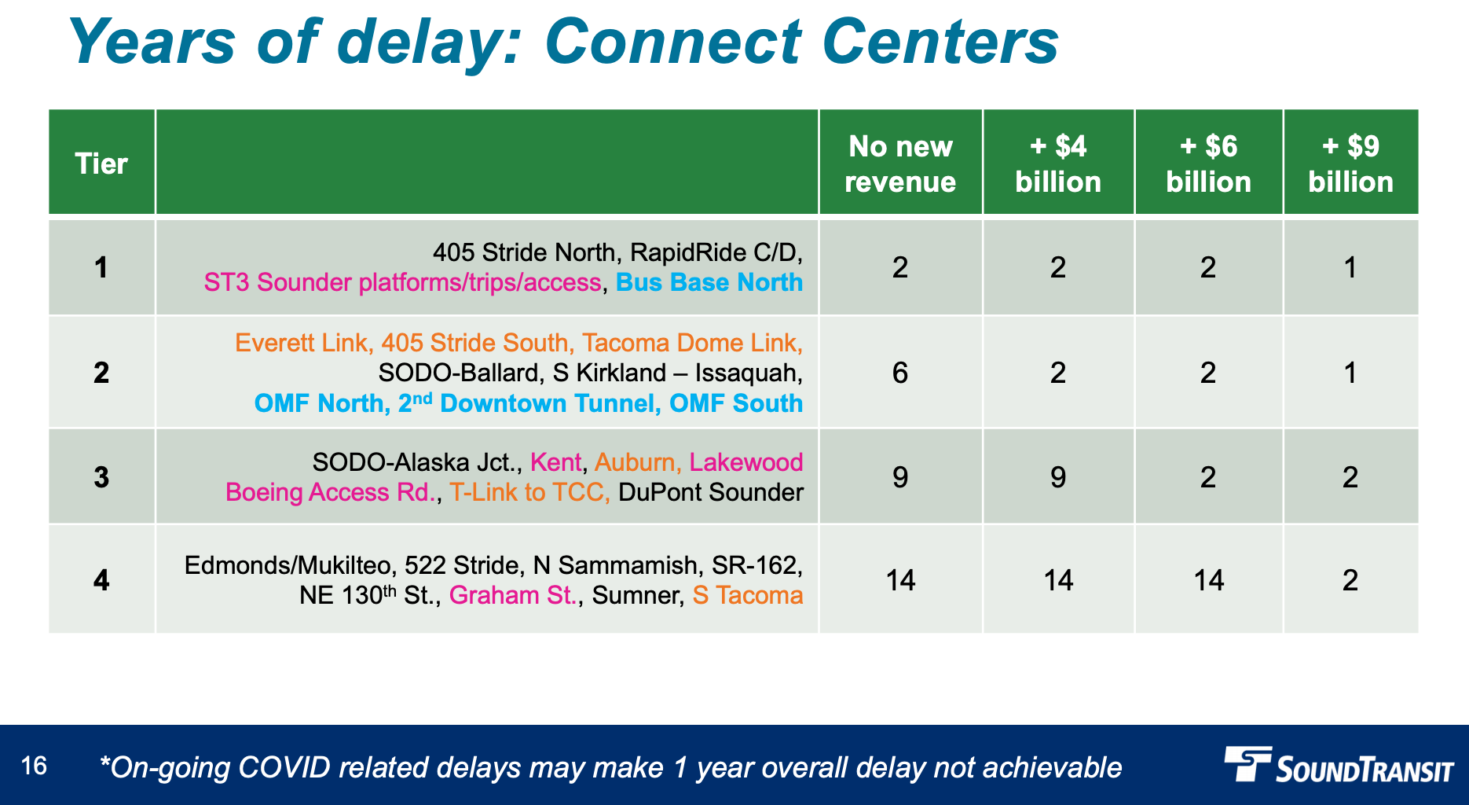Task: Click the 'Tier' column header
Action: point(101,164)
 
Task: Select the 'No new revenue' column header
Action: point(900,164)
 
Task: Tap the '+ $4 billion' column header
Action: point(1058,164)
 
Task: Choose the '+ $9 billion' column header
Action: point(1350,164)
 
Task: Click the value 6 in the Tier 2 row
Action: point(900,373)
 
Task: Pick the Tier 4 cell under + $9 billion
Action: point(1350,580)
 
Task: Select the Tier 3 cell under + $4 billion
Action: point(1058,477)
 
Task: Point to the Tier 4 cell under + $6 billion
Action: point(1208,580)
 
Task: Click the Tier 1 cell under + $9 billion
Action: point(1350,268)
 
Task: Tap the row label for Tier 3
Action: point(101,477)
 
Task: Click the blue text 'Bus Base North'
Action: point(709,282)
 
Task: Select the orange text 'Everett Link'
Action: point(301,343)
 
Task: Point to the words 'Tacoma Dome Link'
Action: point(689,343)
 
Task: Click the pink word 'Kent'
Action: point(556,462)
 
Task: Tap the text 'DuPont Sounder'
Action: point(711,492)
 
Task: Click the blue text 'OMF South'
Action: point(736,403)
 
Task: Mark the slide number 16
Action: point(34,766)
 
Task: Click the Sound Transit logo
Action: point(1339,765)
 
